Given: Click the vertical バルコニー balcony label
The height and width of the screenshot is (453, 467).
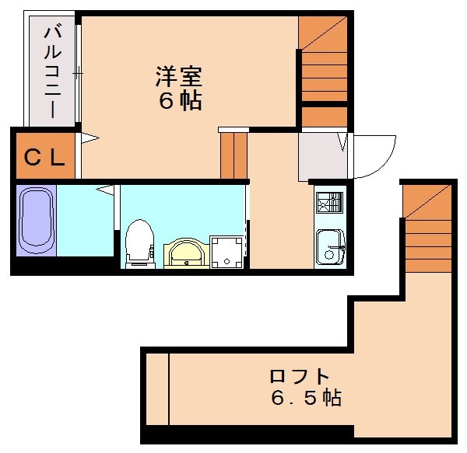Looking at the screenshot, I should (54, 71).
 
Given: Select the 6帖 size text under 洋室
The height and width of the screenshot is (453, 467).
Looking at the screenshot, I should (181, 101).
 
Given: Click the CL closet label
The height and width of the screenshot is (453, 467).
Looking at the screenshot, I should (44, 158).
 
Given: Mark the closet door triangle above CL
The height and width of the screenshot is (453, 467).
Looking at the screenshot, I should (90, 139).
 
